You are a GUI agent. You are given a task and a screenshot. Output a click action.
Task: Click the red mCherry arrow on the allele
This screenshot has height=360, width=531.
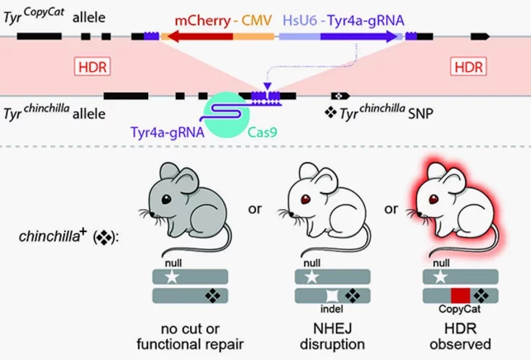pos(200,36)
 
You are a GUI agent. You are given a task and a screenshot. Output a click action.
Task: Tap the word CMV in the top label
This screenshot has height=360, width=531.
pos(257,20)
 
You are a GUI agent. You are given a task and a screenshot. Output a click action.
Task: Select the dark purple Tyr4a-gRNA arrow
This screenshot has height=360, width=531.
pos(359,36)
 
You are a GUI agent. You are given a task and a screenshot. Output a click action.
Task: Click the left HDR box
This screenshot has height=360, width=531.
pos(92,67)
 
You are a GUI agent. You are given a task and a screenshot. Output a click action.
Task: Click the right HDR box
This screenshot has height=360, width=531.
pos(469,67)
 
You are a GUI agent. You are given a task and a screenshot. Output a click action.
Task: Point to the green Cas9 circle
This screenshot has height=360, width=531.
pos(226,115)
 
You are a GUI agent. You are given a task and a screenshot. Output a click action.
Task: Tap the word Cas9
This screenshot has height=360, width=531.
pos(263,132)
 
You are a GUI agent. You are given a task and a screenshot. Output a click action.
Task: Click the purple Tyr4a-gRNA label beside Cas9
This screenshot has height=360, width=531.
pos(168,132)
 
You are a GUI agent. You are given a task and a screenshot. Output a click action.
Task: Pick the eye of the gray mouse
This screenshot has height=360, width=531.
pos(166,199)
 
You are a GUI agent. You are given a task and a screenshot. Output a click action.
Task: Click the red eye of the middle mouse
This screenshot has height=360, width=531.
pos(305,199)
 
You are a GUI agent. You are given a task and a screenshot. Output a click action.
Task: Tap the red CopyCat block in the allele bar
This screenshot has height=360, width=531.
pos(461,295)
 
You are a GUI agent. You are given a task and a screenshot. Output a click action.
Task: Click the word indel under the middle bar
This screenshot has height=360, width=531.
pos(332,308)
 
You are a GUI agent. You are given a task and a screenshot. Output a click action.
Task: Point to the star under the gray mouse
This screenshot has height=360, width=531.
pos(172,277)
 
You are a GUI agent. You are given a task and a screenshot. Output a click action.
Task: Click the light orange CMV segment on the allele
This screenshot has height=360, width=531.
pos(254,36)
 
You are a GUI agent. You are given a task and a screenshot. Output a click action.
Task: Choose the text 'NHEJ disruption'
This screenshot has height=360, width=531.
pos(332,336)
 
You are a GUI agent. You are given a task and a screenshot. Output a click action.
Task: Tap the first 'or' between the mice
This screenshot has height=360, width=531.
pos(255,209)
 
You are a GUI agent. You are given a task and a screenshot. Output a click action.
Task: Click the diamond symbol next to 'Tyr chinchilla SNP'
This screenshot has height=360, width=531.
pos(331,112)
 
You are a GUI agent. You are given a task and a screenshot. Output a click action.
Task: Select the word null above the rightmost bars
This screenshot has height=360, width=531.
pos(441,263)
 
